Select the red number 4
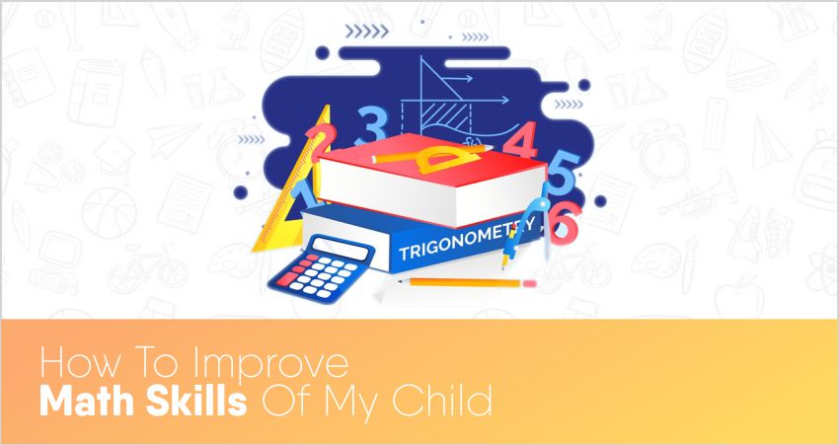click(519, 140)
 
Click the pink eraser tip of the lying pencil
click(529, 283)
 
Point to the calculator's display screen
click(342, 248)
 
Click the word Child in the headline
click(442, 401)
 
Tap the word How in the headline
click(71, 364)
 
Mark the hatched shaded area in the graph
click(444, 116)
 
